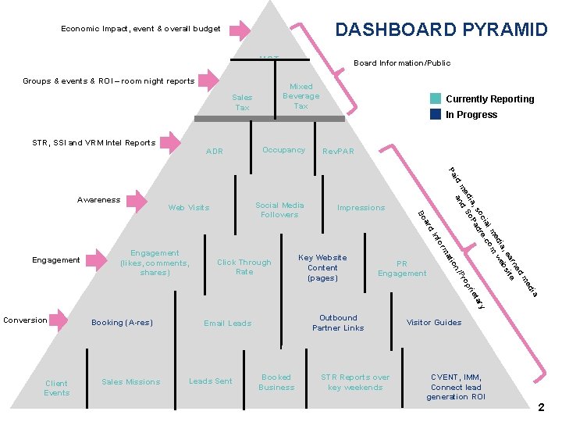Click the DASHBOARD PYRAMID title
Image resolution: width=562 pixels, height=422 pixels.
point(441,30)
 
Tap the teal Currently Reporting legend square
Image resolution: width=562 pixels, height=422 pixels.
point(436,99)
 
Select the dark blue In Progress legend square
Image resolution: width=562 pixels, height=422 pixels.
point(436,114)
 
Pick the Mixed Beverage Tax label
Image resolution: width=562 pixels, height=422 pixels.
point(301,96)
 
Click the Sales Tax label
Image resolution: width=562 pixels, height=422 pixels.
point(242,102)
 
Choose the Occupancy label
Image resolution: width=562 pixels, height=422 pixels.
point(283,149)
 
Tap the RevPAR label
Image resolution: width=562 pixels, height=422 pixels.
point(338,151)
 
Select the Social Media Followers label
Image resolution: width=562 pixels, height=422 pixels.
point(279,209)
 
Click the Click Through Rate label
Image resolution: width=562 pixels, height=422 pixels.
point(244,266)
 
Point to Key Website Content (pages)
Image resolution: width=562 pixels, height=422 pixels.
point(322,267)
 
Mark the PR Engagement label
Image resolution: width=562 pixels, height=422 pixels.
point(402,269)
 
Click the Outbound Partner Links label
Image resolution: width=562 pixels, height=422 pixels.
point(338,323)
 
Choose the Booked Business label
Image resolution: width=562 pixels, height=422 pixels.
point(276,381)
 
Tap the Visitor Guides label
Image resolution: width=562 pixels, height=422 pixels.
point(434,322)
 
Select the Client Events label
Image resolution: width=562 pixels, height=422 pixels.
point(56,388)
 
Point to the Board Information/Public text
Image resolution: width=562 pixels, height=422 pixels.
point(402,63)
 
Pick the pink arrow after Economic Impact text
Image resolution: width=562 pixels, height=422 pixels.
point(240,30)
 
